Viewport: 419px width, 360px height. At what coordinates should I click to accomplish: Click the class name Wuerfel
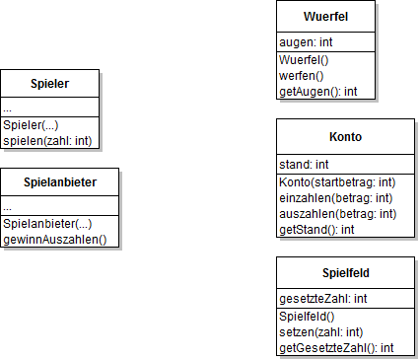tap(325, 16)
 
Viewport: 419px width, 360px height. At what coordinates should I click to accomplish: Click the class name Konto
tap(345, 137)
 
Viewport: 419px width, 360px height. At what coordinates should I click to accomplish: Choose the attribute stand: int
tap(304, 164)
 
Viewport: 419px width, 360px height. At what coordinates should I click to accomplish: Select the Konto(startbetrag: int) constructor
tap(337, 182)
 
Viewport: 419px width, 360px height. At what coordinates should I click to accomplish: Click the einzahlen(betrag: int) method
tap(336, 197)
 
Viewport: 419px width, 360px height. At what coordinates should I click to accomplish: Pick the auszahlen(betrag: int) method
tap(338, 213)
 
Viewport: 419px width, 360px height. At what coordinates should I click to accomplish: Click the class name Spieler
tap(50, 84)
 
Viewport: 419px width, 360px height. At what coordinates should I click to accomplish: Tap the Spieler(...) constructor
tap(29, 126)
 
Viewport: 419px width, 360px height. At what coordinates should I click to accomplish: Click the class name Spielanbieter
tap(60, 182)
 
